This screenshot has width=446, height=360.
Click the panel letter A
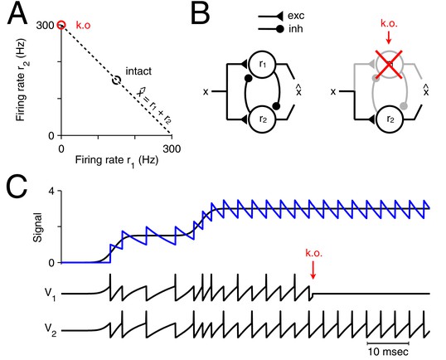[17, 14]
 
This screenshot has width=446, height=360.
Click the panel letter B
[201, 14]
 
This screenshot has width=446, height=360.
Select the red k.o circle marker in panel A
[61, 26]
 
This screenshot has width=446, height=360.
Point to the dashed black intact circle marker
[116, 80]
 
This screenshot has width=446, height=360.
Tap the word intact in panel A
[138, 71]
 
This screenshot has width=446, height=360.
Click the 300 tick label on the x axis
[172, 148]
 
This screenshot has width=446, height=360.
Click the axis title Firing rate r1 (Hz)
[117, 161]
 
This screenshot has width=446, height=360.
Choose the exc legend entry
[281, 16]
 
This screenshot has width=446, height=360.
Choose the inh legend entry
[280, 29]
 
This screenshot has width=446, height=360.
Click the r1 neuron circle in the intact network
[262, 65]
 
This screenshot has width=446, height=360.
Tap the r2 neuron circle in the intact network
[262, 119]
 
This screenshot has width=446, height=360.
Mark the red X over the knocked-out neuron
[389, 65]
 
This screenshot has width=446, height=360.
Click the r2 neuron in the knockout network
[390, 119]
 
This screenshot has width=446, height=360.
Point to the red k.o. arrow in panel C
[313, 270]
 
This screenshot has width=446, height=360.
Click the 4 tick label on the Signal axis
[51, 191]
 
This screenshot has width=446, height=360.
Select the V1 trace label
[51, 295]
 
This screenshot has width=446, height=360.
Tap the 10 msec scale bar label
[388, 352]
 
